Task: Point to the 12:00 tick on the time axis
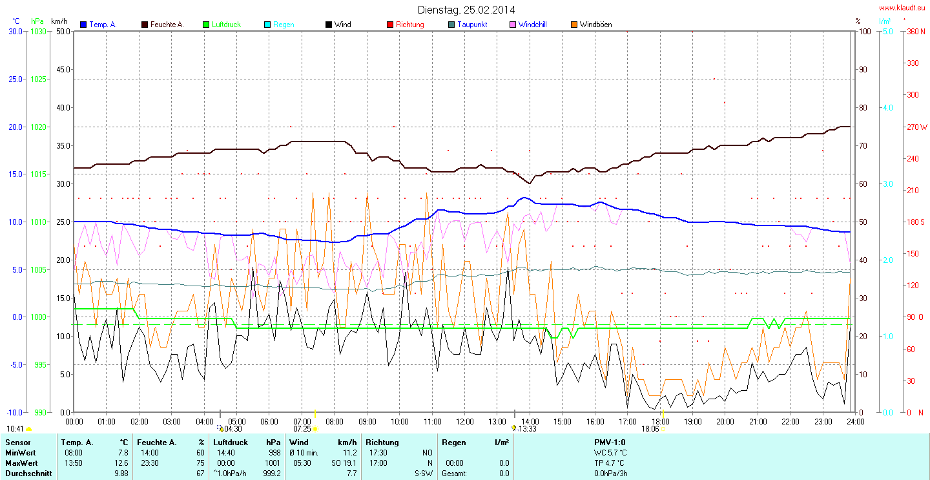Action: [464, 421]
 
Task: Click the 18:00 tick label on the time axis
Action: [659, 421]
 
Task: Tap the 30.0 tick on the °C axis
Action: [15, 31]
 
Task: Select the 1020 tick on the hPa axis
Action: [39, 127]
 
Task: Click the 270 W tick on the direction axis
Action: [916, 127]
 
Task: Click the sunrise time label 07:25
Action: [302, 429]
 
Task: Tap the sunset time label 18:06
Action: [650, 429]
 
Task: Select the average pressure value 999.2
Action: [273, 473]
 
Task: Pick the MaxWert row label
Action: [21, 463]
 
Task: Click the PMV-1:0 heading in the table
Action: [610, 443]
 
